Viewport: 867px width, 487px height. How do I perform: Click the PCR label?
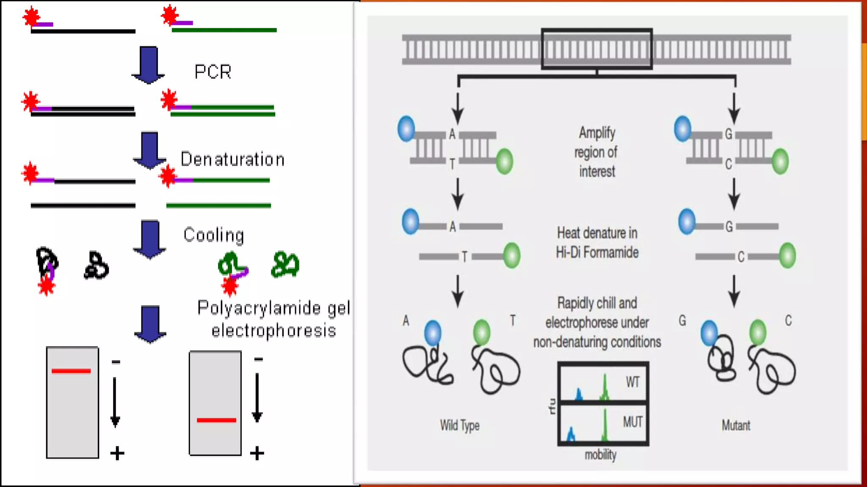(x=213, y=72)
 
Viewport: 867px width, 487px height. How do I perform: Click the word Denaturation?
(x=232, y=159)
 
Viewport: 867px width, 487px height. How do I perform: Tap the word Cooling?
(x=214, y=235)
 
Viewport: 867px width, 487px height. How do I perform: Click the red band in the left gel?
(x=71, y=371)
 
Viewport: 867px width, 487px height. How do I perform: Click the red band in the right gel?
(x=216, y=420)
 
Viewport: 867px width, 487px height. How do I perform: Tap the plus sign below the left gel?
(x=117, y=454)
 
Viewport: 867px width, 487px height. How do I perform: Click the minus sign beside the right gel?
(x=259, y=359)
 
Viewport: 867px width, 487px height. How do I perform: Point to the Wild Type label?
(x=459, y=425)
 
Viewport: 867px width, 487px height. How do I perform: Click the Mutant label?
(x=736, y=425)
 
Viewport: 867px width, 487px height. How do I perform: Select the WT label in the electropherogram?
(x=632, y=382)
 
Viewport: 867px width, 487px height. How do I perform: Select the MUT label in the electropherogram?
(x=632, y=422)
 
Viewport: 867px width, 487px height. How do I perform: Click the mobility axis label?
(x=600, y=455)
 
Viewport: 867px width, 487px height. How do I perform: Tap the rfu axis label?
(x=552, y=406)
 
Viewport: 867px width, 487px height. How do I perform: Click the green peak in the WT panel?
(x=605, y=389)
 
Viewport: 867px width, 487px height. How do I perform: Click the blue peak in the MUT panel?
(x=571, y=435)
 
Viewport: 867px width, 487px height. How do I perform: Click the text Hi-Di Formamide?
(x=597, y=252)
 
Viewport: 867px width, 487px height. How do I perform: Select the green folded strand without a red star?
(x=285, y=265)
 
